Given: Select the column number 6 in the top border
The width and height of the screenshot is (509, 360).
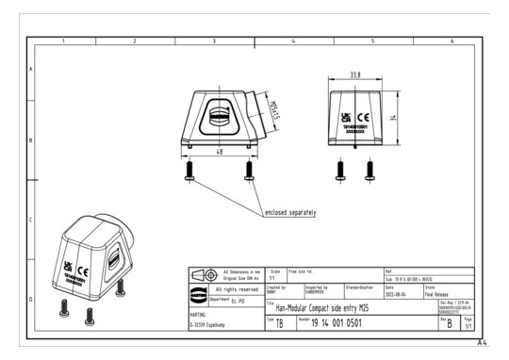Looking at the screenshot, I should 452,42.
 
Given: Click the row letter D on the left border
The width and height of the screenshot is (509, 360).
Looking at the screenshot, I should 31,300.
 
